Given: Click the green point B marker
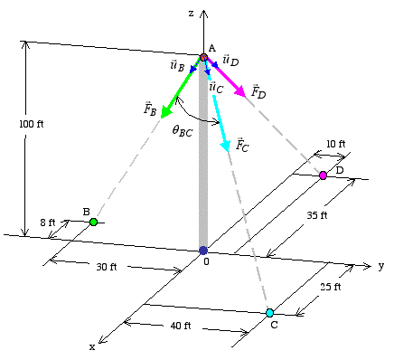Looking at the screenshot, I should (x=93, y=221).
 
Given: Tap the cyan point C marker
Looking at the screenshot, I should (x=269, y=313).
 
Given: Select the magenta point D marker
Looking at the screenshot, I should (x=323, y=175).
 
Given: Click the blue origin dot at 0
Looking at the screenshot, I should (x=202, y=251).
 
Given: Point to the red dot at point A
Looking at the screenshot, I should (x=204, y=57).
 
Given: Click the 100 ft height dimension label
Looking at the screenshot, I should (x=31, y=124).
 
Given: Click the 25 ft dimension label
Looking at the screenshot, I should (x=332, y=287).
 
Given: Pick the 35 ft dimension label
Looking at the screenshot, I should (x=316, y=216).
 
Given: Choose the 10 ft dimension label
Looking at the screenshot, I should (x=336, y=144).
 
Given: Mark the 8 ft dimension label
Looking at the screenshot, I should (x=47, y=222).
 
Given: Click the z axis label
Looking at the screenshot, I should (x=191, y=13).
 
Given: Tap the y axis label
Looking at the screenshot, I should (x=381, y=265).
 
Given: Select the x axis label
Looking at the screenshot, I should (x=91, y=346).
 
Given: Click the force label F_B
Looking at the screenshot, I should (x=149, y=109).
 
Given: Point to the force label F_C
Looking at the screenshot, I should (x=241, y=144).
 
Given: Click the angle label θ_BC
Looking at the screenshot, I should (x=183, y=131).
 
